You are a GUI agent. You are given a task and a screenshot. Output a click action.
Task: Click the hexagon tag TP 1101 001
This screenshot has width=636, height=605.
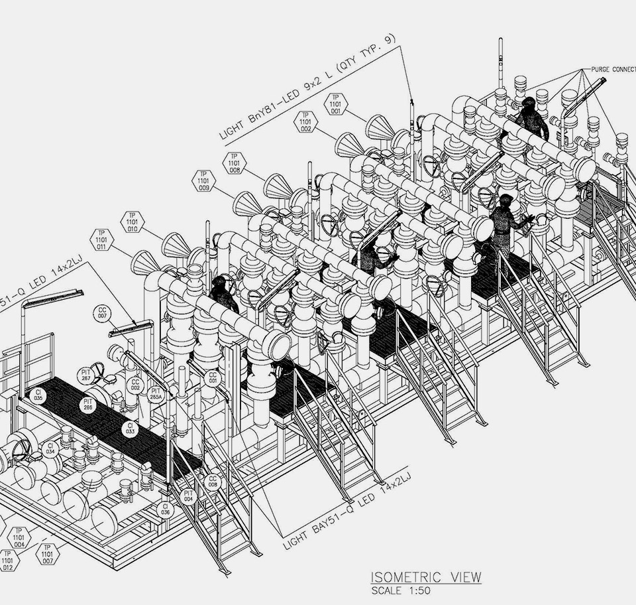335,103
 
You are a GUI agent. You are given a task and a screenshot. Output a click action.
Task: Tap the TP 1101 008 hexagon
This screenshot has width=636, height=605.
234,163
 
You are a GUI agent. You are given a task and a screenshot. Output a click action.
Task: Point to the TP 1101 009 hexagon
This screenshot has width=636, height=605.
203,180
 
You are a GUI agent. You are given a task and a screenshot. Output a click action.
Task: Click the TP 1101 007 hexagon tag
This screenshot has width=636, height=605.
47,553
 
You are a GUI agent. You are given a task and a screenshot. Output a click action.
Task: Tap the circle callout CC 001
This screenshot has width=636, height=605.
213,378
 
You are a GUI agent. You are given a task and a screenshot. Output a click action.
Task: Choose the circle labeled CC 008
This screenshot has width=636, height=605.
213,482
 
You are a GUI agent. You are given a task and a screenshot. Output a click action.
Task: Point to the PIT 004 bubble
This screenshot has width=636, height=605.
189,496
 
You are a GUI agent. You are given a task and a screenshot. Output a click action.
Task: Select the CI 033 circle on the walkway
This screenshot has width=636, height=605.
130,429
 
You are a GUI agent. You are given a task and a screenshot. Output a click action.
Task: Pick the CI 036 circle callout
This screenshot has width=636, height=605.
165,509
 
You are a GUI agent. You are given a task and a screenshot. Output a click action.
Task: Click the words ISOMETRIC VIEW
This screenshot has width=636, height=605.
425,577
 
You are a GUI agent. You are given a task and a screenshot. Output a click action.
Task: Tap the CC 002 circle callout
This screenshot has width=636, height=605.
135,385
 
